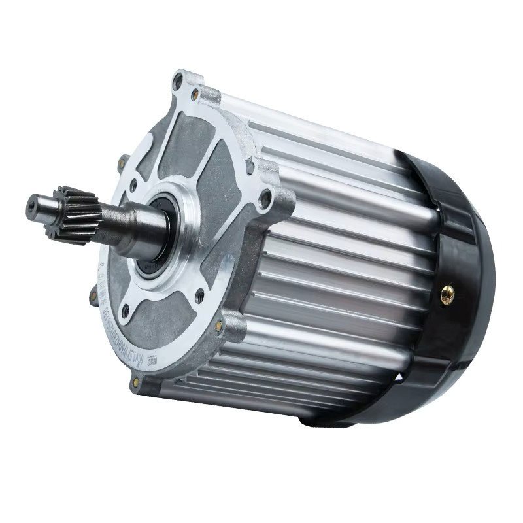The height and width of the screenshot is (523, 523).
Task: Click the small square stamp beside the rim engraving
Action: (x=152, y=359)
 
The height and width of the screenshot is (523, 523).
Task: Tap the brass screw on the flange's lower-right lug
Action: (x=219, y=326)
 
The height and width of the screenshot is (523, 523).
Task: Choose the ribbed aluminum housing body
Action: (x=340, y=261)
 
